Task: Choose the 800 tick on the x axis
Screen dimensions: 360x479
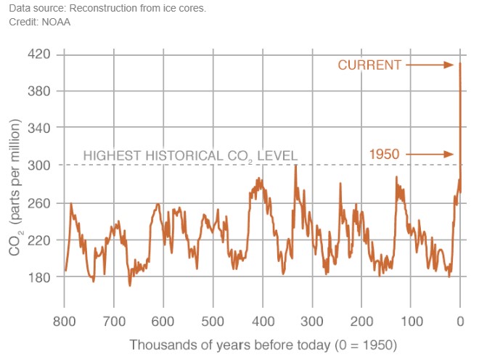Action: click(x=64, y=321)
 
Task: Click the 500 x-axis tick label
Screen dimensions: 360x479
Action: click(x=213, y=321)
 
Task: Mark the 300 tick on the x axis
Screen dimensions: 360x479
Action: click(x=312, y=321)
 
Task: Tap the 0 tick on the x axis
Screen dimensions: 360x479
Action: click(x=460, y=321)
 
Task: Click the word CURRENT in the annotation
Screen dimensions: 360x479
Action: click(x=369, y=65)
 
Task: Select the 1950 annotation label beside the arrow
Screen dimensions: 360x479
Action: click(x=385, y=154)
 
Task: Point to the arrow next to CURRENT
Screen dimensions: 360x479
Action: click(x=430, y=65)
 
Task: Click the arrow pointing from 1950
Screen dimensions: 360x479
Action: click(x=430, y=154)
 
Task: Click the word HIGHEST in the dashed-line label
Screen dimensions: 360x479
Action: click(x=110, y=155)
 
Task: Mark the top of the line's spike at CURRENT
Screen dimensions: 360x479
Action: click(x=460, y=64)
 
